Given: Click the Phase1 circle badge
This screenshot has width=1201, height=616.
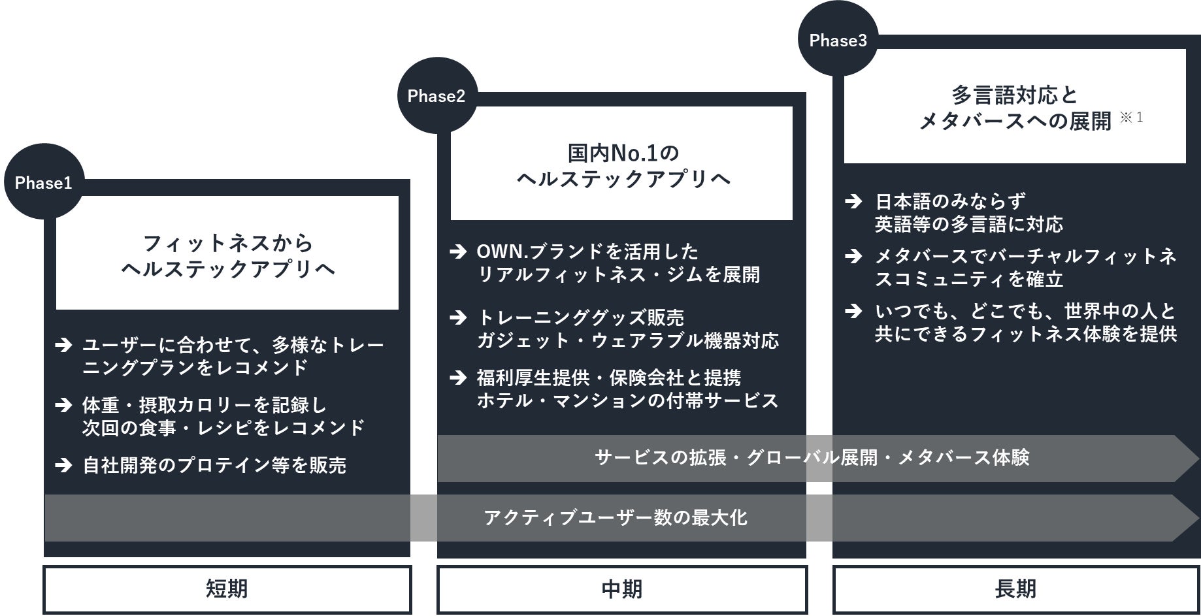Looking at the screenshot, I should click(44, 182).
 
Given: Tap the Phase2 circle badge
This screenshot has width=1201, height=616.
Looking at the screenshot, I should click(436, 96).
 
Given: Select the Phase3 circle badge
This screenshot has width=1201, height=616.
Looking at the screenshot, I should click(838, 41).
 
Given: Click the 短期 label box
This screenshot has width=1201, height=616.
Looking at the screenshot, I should click(227, 589).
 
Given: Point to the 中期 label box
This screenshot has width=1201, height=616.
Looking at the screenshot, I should click(621, 589).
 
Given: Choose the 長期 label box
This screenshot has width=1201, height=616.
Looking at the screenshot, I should click(1015, 589).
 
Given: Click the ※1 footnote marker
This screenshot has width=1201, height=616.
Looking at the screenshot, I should click(1132, 118).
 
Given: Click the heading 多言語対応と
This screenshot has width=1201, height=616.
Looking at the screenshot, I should click(1014, 95).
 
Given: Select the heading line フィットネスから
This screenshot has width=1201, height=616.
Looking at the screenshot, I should click(228, 244).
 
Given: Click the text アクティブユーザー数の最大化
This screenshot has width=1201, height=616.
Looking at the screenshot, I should click(616, 518).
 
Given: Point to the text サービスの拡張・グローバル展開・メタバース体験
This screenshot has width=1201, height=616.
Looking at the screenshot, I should click(812, 457).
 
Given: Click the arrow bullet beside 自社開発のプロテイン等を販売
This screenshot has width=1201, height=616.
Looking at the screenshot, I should click(63, 465).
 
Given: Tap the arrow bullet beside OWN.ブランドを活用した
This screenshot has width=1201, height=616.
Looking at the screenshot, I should click(459, 251).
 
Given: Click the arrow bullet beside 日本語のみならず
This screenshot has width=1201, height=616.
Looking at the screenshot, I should click(853, 201).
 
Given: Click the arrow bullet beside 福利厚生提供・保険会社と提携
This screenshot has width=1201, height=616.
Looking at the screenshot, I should click(459, 378).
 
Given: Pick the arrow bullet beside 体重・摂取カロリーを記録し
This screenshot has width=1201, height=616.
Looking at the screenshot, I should click(63, 405).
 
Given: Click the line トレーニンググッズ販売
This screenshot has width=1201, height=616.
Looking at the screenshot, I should click(580, 318).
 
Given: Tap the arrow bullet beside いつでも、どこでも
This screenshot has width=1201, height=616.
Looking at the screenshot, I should click(853, 311).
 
